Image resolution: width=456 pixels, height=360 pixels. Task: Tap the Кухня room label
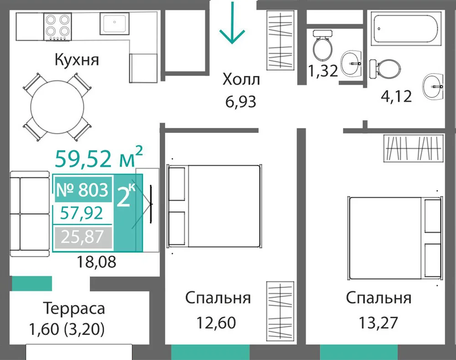(x=77, y=60)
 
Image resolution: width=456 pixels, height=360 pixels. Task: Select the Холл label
(x=241, y=79)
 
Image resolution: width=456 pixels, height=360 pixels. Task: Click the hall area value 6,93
(x=241, y=102)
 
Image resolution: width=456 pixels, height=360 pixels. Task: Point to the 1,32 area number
(x=323, y=71)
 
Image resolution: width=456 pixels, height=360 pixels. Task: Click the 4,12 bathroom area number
(x=396, y=96)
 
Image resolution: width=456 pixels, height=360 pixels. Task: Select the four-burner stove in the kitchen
(x=57, y=26)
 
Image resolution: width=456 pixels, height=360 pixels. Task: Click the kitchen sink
(x=114, y=23)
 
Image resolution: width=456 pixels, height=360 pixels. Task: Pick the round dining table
(x=57, y=107)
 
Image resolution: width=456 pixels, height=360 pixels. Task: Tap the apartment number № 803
(x=82, y=190)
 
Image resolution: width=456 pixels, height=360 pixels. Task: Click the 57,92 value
(x=82, y=213)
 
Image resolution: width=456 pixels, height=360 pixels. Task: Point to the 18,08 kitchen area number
(x=97, y=262)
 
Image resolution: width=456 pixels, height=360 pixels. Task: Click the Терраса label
(x=74, y=309)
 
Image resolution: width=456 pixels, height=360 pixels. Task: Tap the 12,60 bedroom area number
(x=216, y=323)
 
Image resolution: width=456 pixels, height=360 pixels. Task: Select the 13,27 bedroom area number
(x=378, y=323)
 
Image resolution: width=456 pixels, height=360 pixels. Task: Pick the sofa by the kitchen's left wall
(x=30, y=214)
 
